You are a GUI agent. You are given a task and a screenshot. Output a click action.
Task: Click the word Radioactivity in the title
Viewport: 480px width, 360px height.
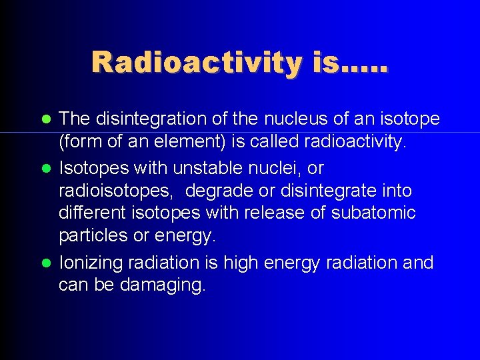pos(196,63)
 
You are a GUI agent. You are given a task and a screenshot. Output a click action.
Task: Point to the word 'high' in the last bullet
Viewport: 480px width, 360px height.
pos(241,263)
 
